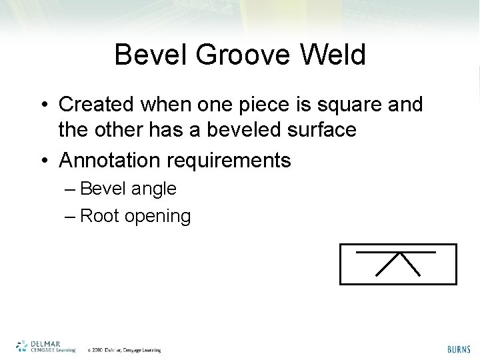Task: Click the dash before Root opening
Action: click(71, 216)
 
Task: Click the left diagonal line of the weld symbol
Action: click(389, 264)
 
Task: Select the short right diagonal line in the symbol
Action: click(411, 265)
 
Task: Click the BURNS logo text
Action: click(459, 349)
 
